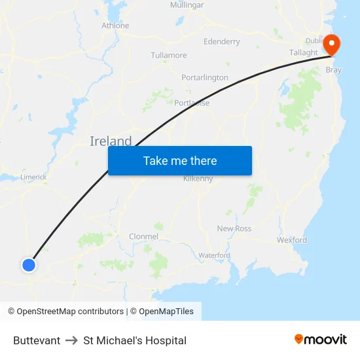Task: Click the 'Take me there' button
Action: pyautogui.click(x=180, y=161)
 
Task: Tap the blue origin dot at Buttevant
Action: pyautogui.click(x=29, y=264)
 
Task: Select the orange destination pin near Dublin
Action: pyautogui.click(x=332, y=45)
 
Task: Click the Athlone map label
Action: pyautogui.click(x=115, y=26)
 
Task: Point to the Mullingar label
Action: pyautogui.click(x=187, y=5)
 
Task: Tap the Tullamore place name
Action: pyautogui.click(x=169, y=56)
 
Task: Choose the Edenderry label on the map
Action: pyautogui.click(x=222, y=42)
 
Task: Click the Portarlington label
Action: pyautogui.click(x=205, y=77)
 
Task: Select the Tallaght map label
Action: pyautogui.click(x=303, y=53)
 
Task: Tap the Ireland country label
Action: pyautogui.click(x=111, y=141)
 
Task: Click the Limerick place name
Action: pyautogui.click(x=33, y=177)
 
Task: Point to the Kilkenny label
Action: pyautogui.click(x=198, y=179)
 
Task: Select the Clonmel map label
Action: pyautogui.click(x=143, y=236)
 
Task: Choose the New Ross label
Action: pyautogui.click(x=234, y=228)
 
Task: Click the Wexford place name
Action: pyautogui.click(x=292, y=240)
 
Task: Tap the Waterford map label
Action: pyautogui.click(x=214, y=255)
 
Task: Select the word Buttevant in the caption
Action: pyautogui.click(x=37, y=340)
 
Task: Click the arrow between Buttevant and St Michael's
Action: pyautogui.click(x=72, y=340)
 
